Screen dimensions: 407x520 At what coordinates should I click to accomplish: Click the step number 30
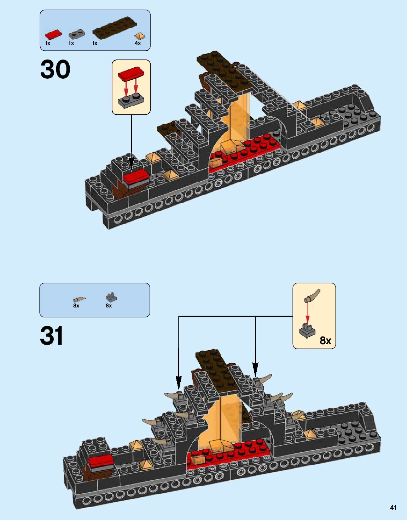[x=55, y=69]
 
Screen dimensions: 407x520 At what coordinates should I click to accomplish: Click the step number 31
[x=52, y=335]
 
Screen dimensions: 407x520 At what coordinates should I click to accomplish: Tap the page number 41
[x=393, y=508]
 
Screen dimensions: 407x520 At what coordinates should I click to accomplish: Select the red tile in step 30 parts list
[x=53, y=34]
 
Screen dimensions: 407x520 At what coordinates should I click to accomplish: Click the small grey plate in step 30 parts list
[x=76, y=34]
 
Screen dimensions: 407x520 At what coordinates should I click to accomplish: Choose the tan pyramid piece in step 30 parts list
[x=139, y=36]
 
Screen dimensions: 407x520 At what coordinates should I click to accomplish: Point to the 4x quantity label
[x=138, y=43]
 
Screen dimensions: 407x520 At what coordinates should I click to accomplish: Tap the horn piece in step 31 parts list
[x=79, y=299]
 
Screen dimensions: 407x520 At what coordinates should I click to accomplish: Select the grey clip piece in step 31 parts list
[x=111, y=297]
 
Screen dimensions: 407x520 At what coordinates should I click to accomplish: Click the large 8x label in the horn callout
[x=325, y=340]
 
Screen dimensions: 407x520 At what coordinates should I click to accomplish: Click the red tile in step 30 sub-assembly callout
[x=132, y=74]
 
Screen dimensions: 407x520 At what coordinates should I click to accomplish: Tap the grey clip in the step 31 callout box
[x=307, y=330]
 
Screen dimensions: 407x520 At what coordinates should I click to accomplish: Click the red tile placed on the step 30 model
[x=135, y=175]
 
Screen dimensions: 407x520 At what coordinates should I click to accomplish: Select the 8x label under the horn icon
[x=76, y=305]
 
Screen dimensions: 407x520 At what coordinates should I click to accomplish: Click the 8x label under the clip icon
[x=109, y=305]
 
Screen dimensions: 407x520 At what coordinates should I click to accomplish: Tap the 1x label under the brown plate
[x=95, y=43]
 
